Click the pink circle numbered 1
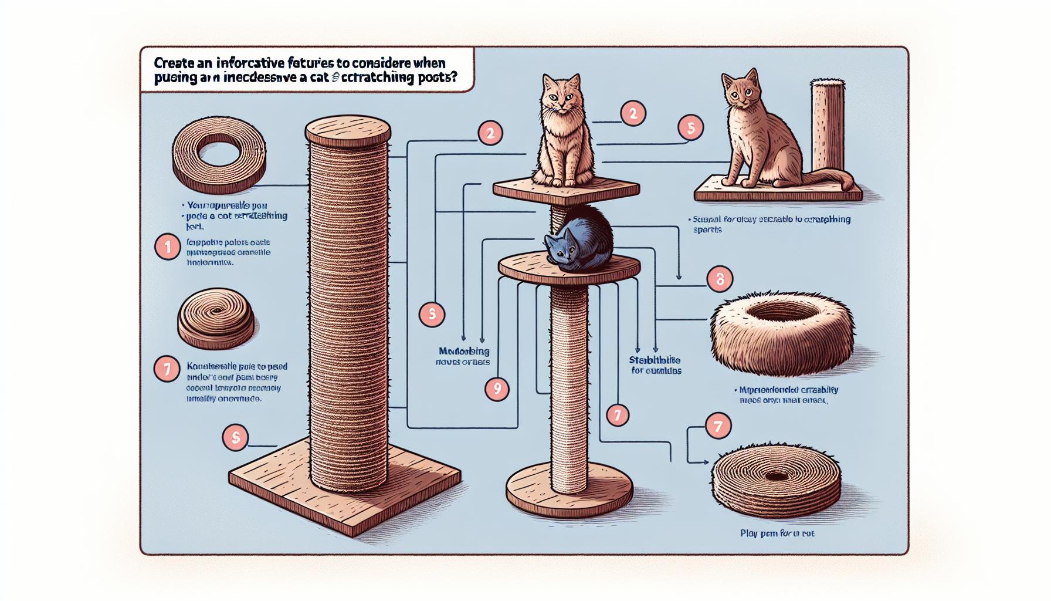tap(168, 248)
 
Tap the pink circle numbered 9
tap(497, 389)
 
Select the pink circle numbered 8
tap(720, 279)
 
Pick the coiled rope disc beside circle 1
tap(215, 318)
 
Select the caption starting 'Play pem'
tap(777, 534)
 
